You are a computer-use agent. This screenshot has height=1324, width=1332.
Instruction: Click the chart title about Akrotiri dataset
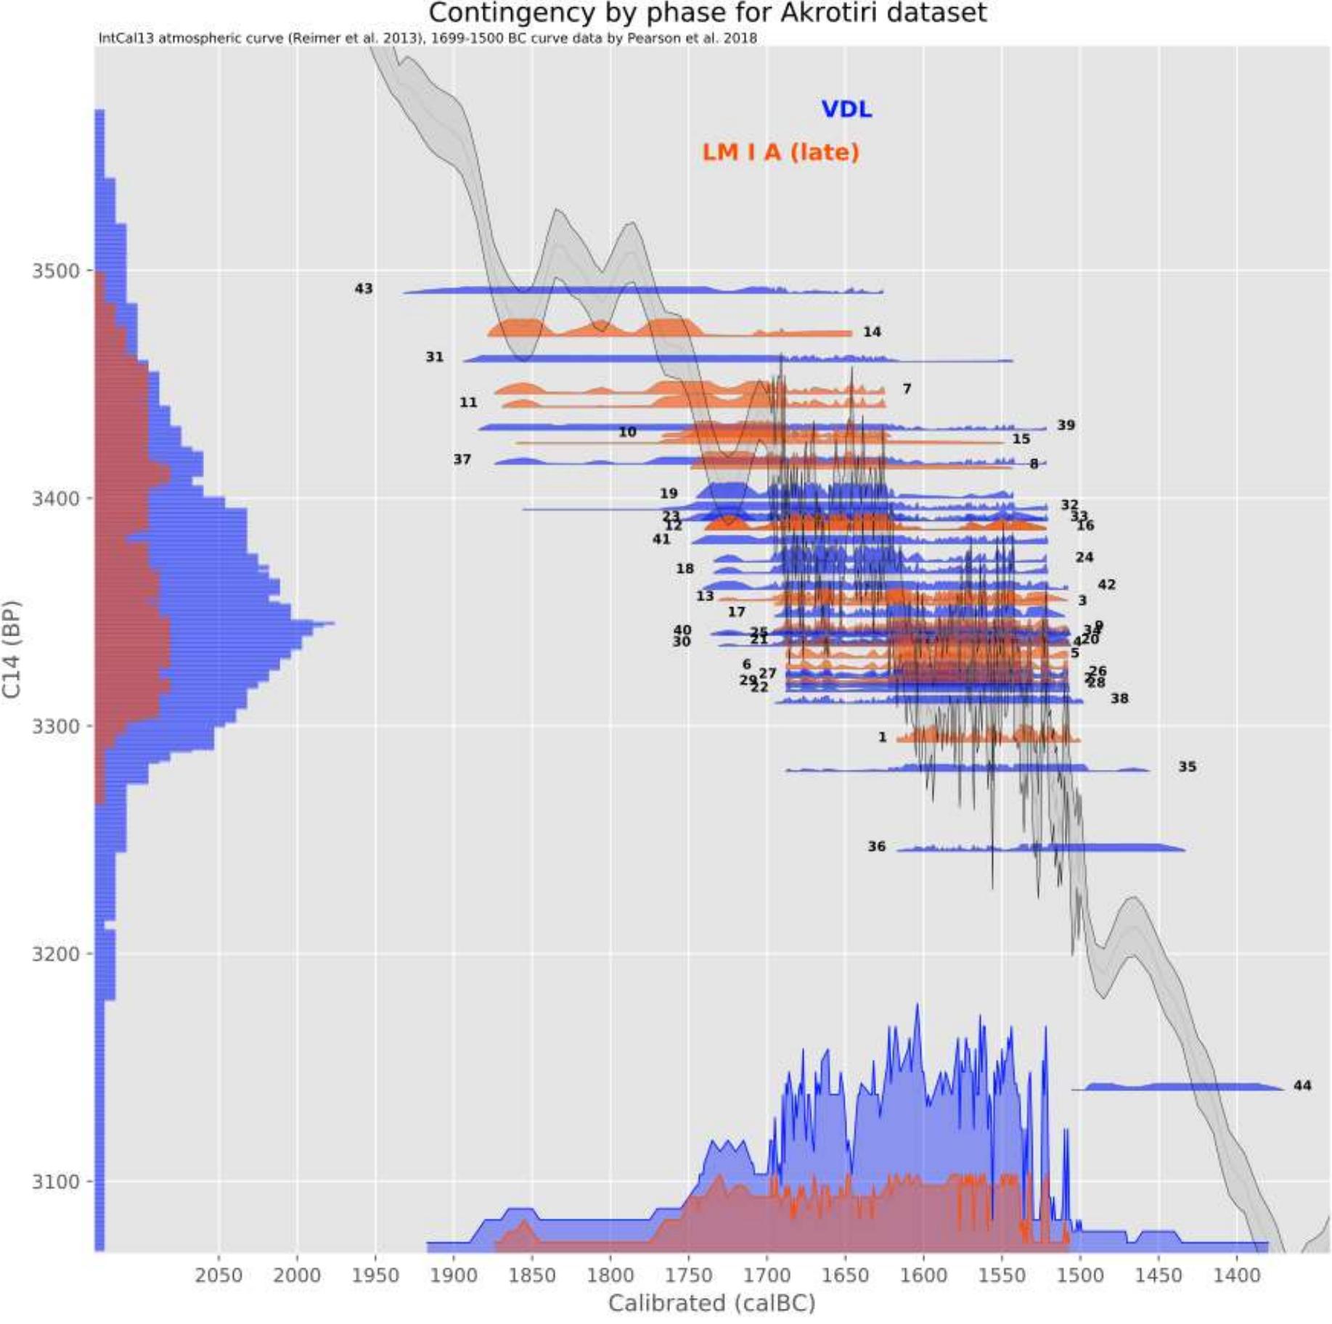(x=707, y=13)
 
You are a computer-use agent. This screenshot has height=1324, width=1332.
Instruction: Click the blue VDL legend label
(x=846, y=110)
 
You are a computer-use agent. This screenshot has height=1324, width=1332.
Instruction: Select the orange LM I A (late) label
(x=780, y=152)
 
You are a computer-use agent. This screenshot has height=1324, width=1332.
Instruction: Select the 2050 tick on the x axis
(x=218, y=1275)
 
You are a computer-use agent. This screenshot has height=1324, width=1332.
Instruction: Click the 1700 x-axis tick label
(x=767, y=1275)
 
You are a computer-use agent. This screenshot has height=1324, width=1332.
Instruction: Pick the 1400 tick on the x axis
(x=1237, y=1275)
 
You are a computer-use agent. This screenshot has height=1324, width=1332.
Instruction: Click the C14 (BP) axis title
(x=12, y=649)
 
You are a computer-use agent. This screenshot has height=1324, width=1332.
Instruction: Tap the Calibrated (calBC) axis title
(x=711, y=1304)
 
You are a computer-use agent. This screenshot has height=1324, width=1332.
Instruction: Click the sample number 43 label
(x=364, y=289)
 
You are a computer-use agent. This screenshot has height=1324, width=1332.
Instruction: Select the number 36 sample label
(x=877, y=847)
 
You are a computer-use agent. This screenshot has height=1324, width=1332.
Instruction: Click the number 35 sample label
(x=1187, y=767)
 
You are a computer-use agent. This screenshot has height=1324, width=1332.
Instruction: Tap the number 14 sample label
(x=872, y=332)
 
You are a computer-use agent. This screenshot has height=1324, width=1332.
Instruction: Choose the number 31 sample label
(x=434, y=357)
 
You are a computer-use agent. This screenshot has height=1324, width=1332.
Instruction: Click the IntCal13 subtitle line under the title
(x=427, y=38)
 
